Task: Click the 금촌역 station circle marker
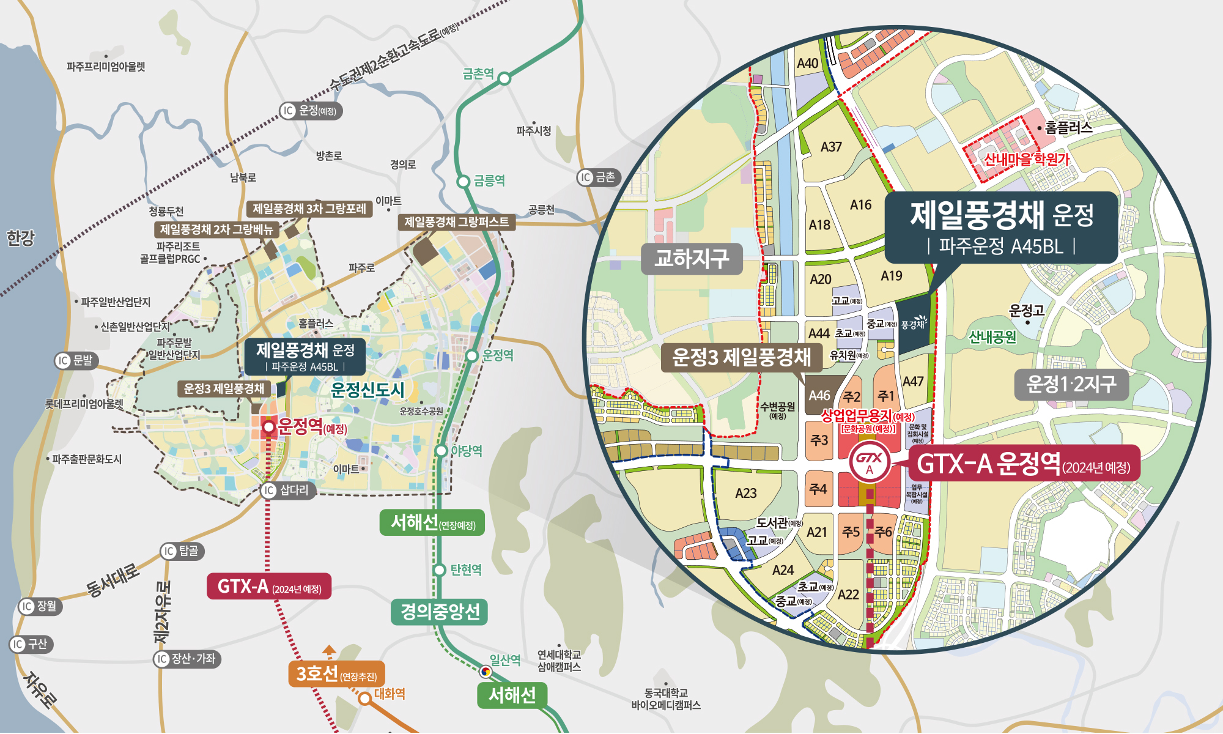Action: click(x=504, y=78)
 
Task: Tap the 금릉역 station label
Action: click(x=489, y=180)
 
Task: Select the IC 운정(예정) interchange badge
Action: click(x=311, y=111)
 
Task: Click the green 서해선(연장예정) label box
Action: click(x=432, y=523)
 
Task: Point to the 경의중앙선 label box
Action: click(x=439, y=611)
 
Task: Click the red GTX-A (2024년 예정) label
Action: click(x=269, y=587)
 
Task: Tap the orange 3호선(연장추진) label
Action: click(x=336, y=673)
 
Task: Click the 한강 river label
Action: click(x=20, y=237)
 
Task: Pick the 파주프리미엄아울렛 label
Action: click(x=106, y=66)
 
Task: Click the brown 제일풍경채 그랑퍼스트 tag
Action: click(x=456, y=221)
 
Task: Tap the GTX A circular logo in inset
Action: click(x=869, y=462)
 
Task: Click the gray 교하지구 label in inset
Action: click(x=692, y=258)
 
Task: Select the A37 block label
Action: click(x=831, y=147)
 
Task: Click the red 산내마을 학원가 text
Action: click(x=1026, y=159)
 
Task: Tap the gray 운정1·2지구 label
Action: click(x=1071, y=384)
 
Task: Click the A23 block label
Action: click(x=746, y=493)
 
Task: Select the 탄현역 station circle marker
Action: click(x=439, y=569)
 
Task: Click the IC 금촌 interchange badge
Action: click(x=599, y=177)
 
